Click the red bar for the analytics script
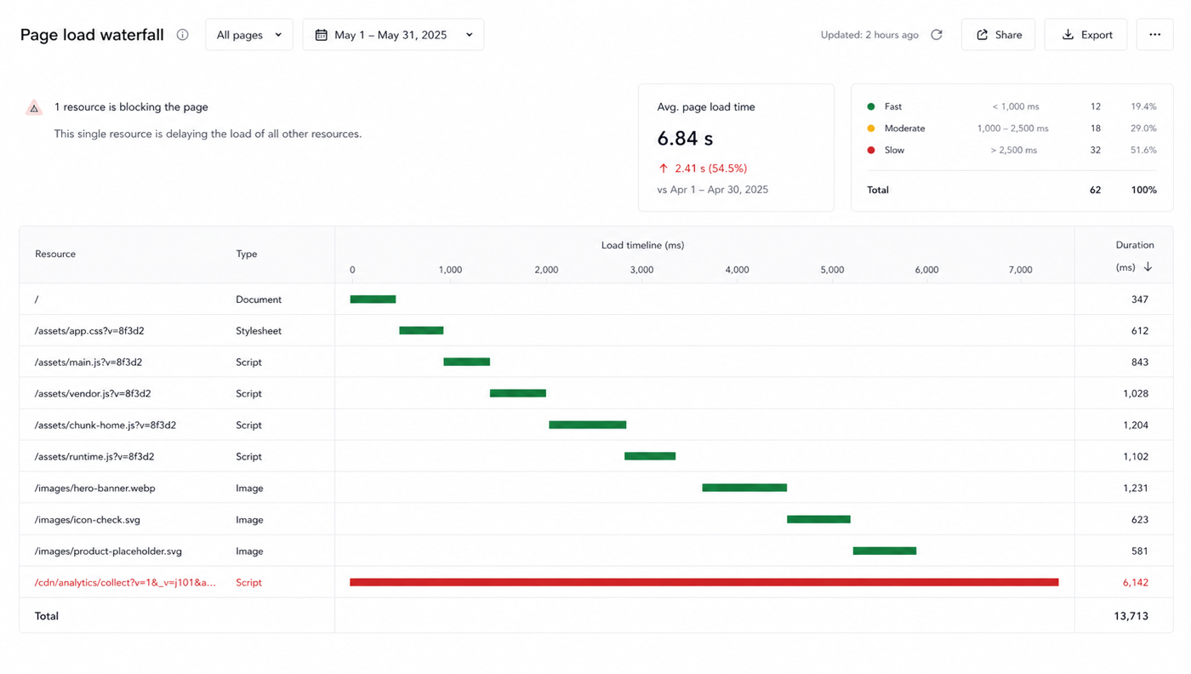[704, 582]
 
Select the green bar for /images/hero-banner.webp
[744, 488]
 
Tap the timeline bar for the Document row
[373, 300]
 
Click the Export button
[1086, 35]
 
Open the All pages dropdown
[248, 35]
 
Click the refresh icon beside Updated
[937, 35]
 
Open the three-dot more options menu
[1155, 35]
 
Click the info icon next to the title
[182, 35]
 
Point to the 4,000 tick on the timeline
[737, 270]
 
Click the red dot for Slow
[871, 150]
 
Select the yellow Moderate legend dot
[871, 129]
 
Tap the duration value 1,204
[1136, 425]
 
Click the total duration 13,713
[1131, 616]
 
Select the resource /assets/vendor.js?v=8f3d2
[93, 394]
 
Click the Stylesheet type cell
[259, 331]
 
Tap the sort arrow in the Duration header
[1148, 266]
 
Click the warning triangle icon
[34, 108]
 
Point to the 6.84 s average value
[685, 139]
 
